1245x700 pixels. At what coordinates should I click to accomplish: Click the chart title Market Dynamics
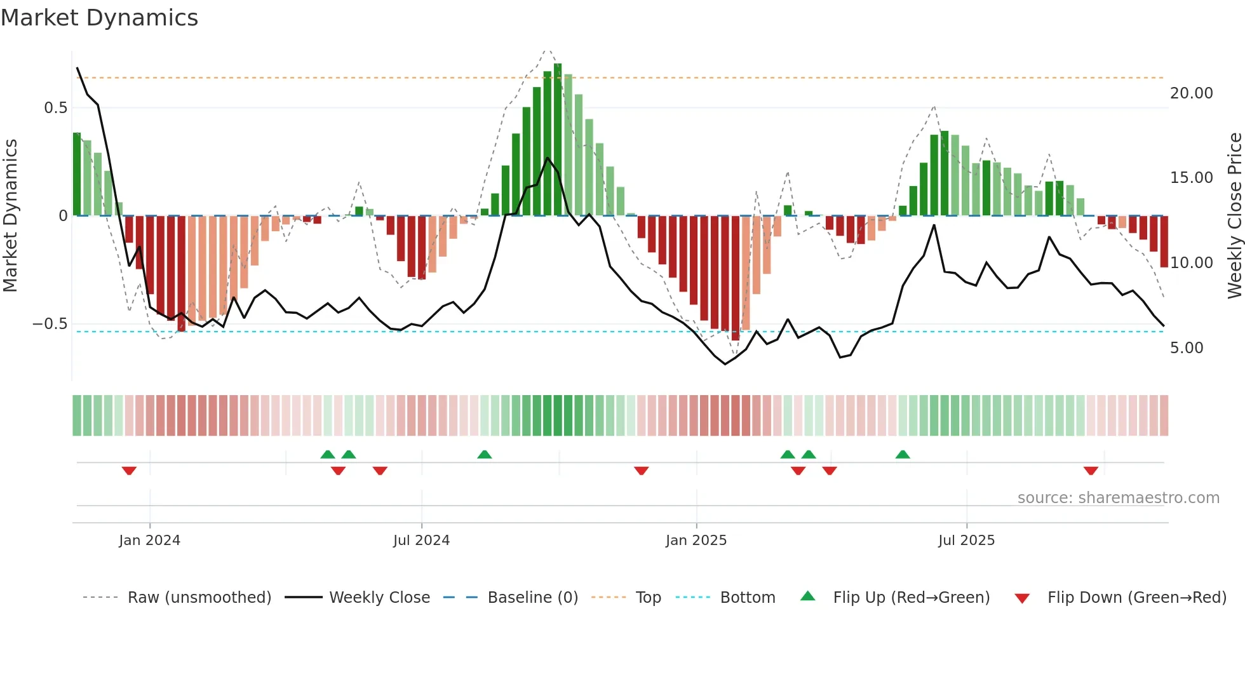coord(100,18)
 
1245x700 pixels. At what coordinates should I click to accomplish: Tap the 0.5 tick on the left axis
coord(55,108)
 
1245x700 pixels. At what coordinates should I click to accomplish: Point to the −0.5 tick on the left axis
coord(50,324)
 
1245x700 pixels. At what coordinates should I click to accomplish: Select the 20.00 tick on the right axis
coord(1191,93)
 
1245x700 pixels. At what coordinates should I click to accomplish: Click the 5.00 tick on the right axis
coord(1187,348)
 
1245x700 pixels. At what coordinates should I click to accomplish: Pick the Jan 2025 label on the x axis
coord(696,541)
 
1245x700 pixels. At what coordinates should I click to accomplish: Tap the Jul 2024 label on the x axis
coord(421,541)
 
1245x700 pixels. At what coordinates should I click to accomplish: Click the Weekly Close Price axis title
coord(1234,216)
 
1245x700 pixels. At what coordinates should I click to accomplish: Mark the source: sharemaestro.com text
coord(1118,498)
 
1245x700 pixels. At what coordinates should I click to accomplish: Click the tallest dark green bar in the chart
coord(558,140)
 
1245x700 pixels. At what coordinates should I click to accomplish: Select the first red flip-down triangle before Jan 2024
coord(129,471)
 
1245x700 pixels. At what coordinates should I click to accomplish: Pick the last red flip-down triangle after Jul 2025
coord(1091,471)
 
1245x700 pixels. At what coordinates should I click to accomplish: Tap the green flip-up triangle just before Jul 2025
coord(903,454)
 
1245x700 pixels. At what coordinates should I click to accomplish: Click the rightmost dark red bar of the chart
coord(1164,241)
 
